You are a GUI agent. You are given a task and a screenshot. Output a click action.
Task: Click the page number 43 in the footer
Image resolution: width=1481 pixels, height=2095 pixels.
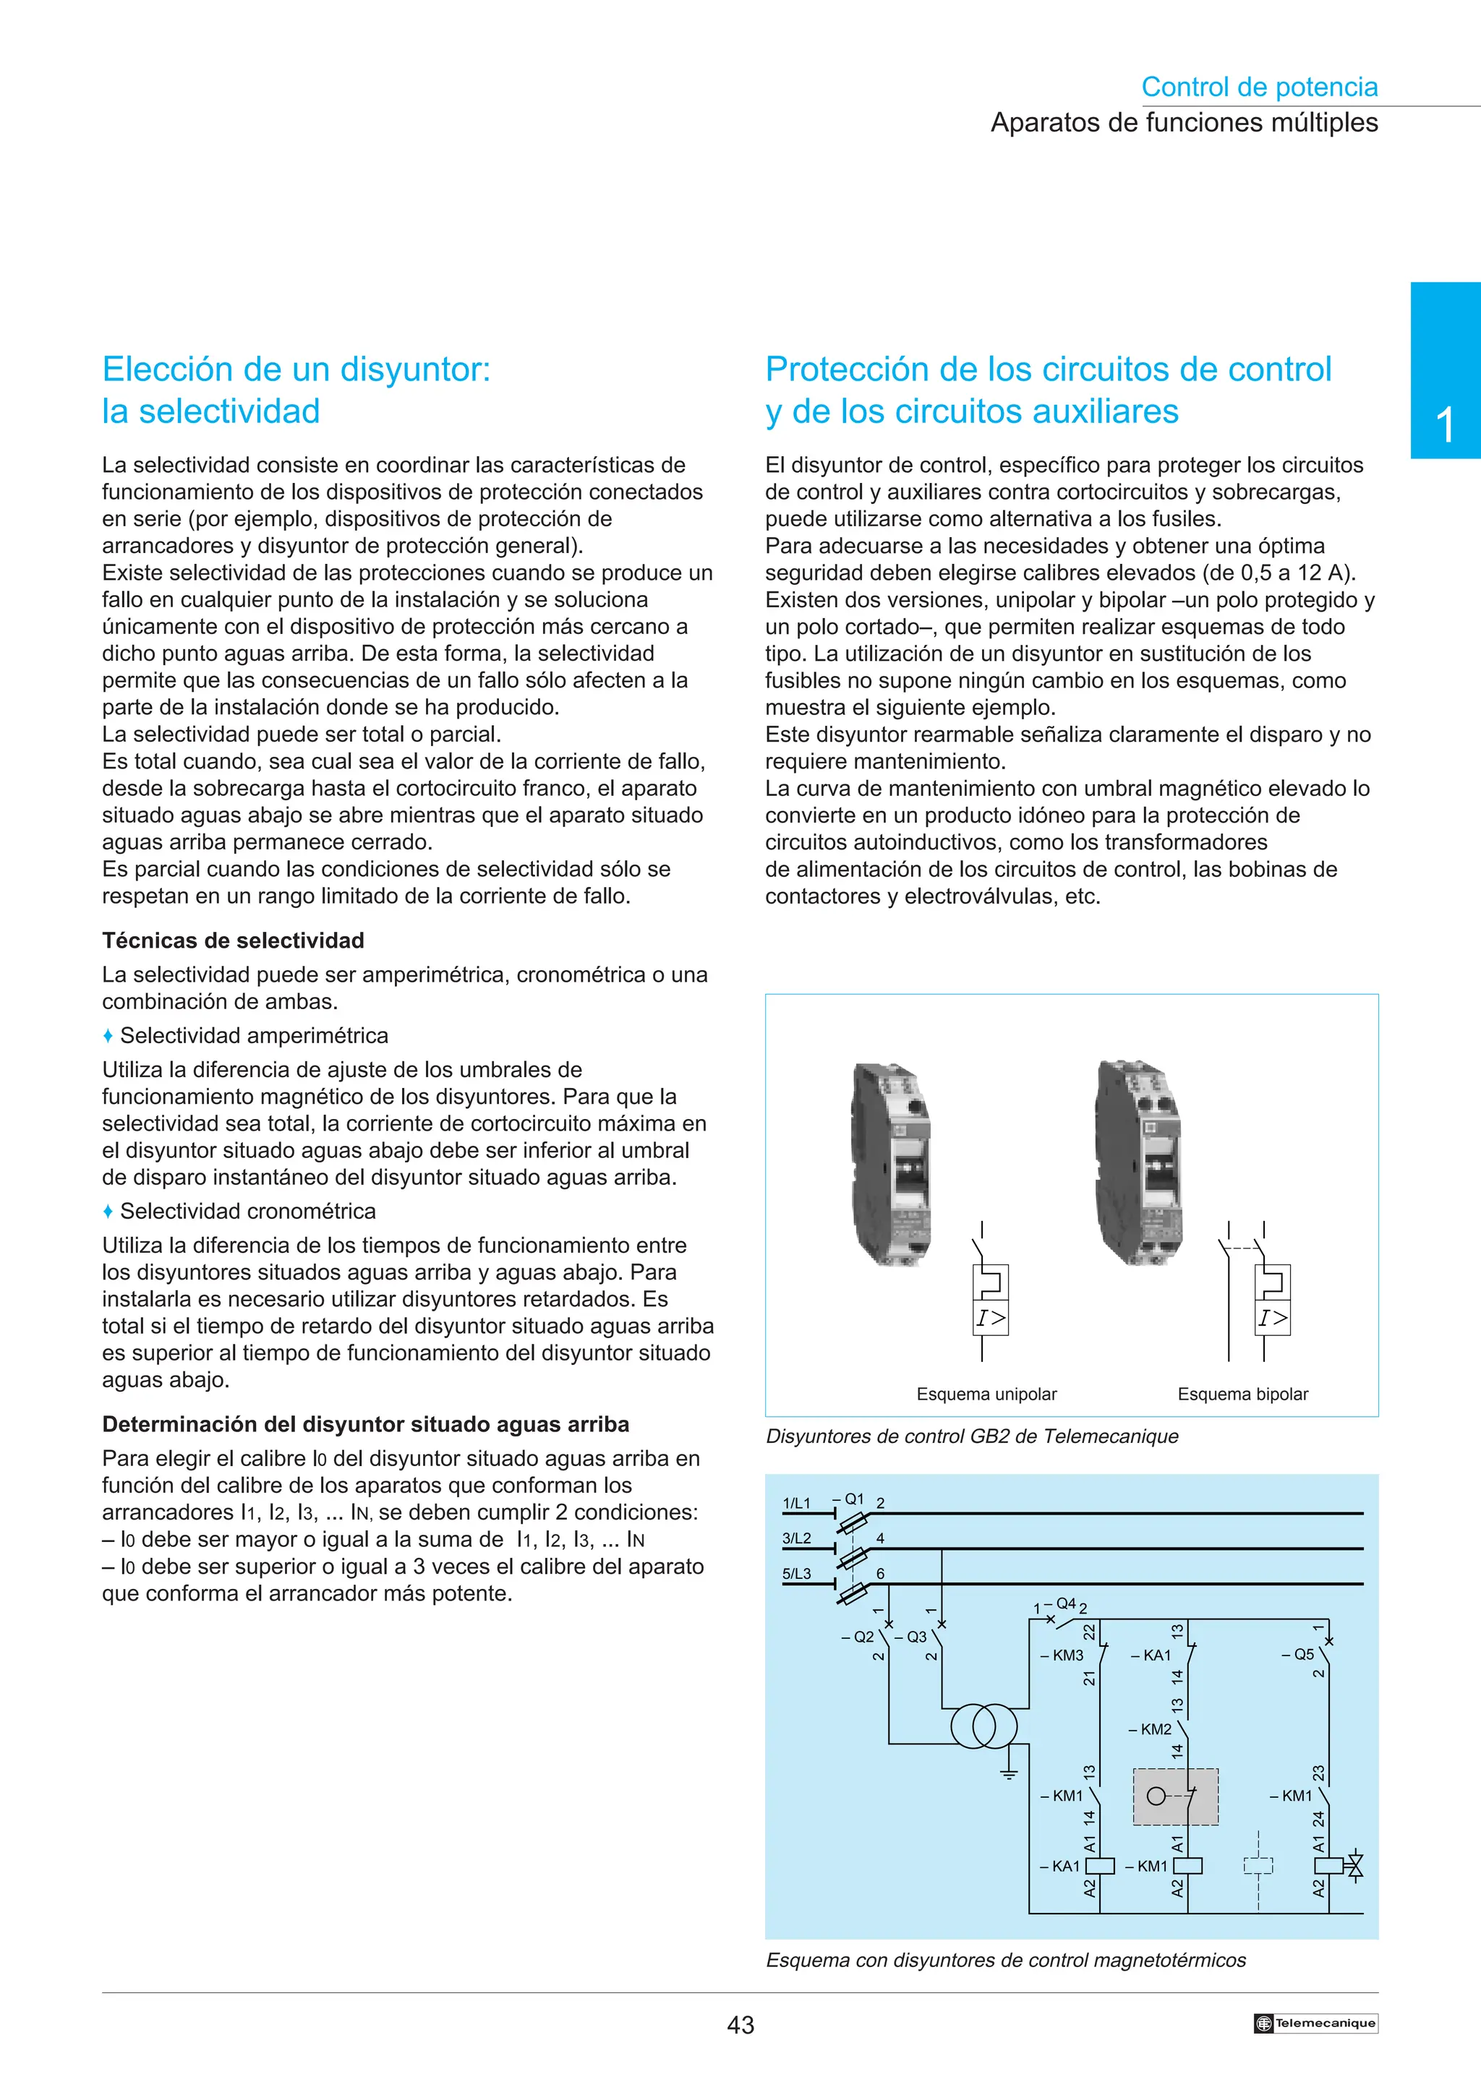point(740,2025)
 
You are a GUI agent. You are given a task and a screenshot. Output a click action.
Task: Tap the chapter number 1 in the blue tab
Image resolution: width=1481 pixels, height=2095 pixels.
point(1445,425)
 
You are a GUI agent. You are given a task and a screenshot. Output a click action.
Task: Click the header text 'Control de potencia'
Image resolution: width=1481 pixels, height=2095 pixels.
point(1258,87)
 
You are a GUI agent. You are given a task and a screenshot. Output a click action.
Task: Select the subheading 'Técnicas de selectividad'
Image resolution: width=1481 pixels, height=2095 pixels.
point(233,941)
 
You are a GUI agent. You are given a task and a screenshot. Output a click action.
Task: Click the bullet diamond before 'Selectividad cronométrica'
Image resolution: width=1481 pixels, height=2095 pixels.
point(108,1212)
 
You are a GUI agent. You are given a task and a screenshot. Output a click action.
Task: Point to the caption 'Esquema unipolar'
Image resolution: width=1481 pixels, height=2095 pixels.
point(986,1394)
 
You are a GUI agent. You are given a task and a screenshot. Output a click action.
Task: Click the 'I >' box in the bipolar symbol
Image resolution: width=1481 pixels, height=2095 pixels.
point(1272,1318)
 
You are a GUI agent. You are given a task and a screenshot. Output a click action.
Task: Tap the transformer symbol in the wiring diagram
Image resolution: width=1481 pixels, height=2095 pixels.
point(983,1726)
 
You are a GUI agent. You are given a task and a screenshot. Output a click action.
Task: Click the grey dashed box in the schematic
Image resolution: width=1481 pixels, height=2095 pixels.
point(1175,1796)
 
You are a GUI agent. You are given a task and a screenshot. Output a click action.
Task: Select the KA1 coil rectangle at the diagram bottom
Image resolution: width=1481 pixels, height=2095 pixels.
point(1100,1866)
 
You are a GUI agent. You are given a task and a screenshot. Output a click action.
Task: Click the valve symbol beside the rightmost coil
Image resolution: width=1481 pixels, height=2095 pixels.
point(1355,1866)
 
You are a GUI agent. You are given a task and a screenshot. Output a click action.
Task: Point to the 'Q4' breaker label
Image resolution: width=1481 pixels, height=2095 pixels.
point(1065,1604)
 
